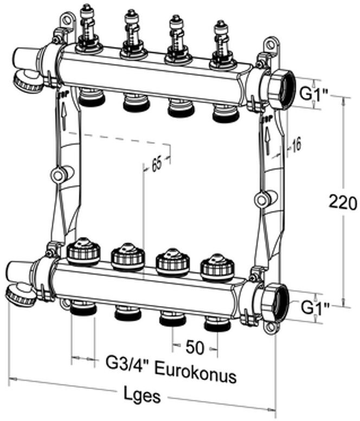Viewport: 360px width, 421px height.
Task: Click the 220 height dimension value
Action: coord(343,202)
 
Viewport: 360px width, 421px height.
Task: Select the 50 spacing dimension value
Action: coord(195,347)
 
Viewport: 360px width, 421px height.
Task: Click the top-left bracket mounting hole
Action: coord(66,21)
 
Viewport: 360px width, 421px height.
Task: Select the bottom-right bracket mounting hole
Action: coord(268,327)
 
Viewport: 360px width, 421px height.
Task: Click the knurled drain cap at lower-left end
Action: coord(20,296)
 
